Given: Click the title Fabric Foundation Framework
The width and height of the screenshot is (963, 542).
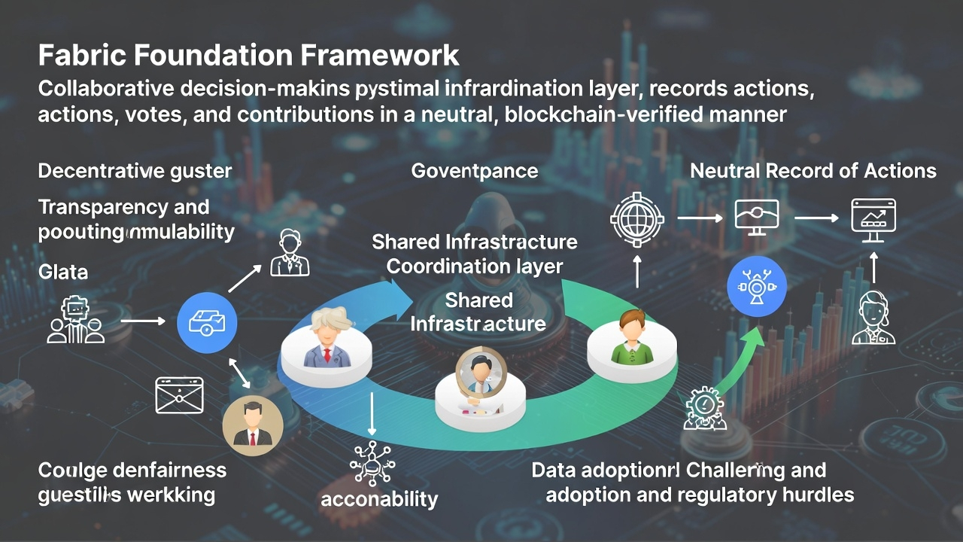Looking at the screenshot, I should tap(248, 56).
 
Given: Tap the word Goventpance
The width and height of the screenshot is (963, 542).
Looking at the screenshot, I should tap(475, 171).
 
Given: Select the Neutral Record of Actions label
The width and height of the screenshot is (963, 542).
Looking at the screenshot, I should tap(813, 171).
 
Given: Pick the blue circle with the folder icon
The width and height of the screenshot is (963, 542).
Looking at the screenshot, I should tap(207, 323).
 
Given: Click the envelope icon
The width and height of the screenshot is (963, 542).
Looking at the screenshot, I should tap(179, 395).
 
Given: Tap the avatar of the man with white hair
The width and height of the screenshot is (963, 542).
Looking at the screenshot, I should tap(328, 339).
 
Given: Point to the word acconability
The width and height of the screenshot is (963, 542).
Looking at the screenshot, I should tap(379, 498).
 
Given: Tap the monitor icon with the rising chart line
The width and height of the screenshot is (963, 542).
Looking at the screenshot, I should tap(873, 218).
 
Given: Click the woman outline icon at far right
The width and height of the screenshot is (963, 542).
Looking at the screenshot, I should tap(873, 319).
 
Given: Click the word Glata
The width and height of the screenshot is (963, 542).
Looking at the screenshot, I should tap(63, 272).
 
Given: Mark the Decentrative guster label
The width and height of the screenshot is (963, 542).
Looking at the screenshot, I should tap(135, 171).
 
